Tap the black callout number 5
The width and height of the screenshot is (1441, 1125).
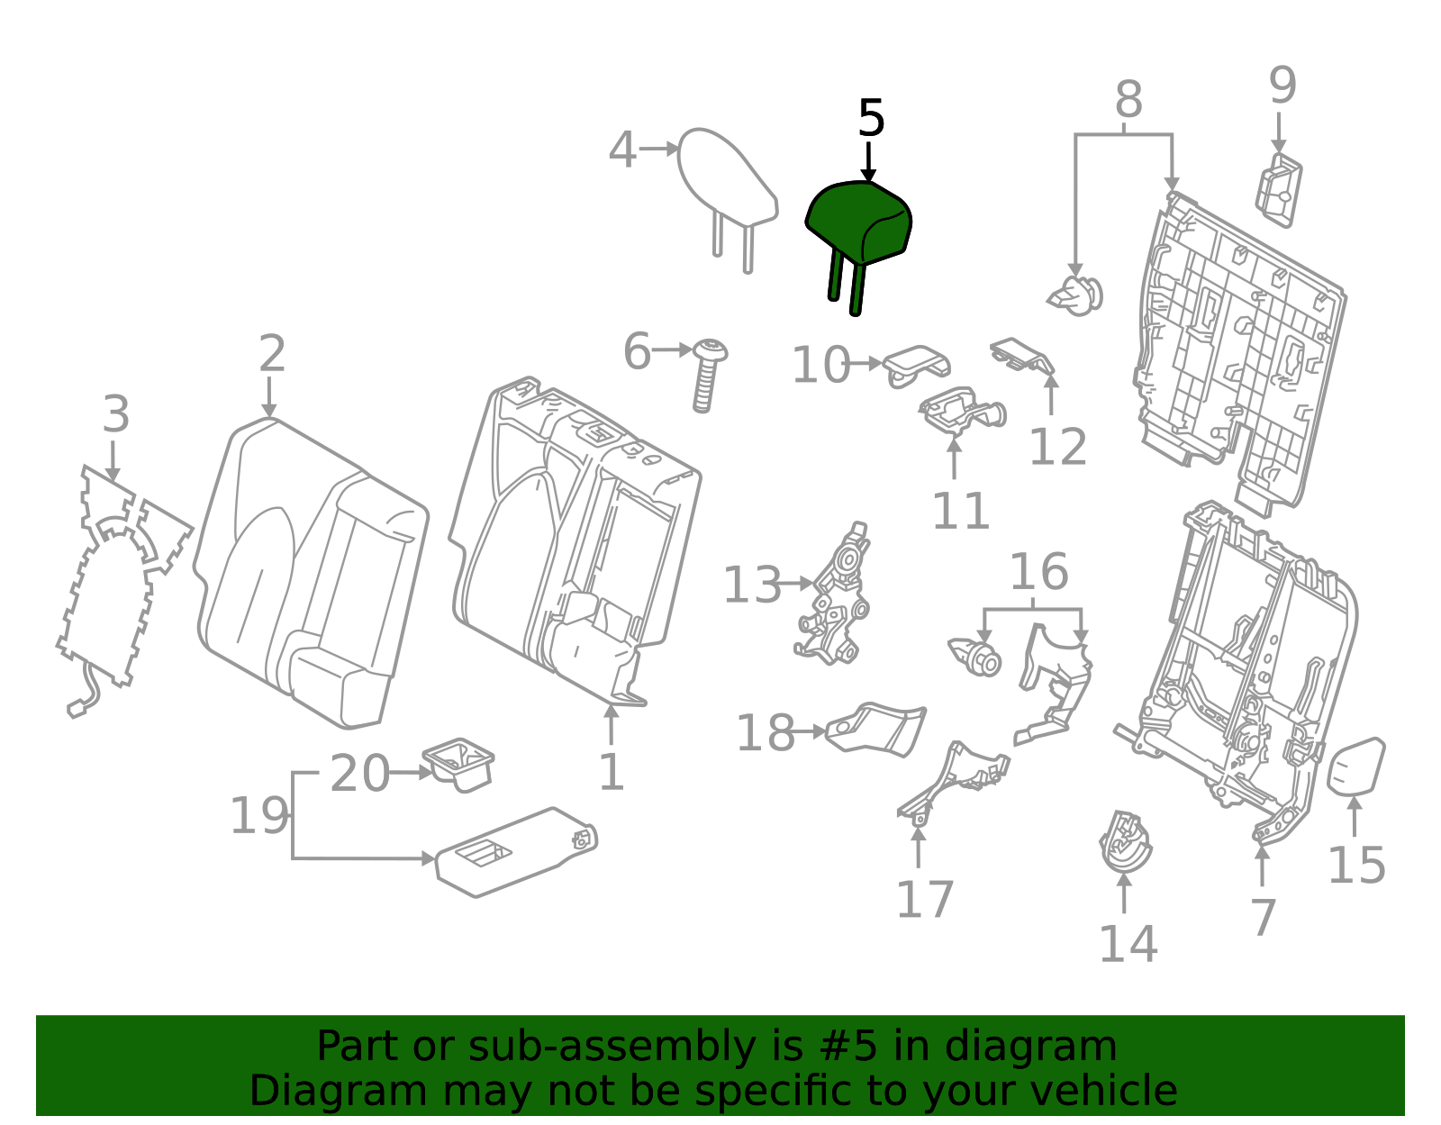click(871, 119)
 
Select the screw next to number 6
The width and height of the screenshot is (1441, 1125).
click(708, 376)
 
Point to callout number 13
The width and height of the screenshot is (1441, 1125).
click(752, 585)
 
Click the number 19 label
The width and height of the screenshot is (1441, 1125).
click(259, 815)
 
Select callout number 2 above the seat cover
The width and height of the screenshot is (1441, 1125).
click(272, 353)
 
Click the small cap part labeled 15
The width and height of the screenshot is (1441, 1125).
click(1355, 767)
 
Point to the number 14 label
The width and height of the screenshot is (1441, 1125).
click(1128, 943)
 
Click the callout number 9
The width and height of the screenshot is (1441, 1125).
click(1282, 85)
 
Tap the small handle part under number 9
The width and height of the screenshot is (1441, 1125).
click(1279, 190)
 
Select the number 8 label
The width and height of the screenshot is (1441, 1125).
click(1128, 99)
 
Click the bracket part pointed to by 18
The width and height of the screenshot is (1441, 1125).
click(876, 730)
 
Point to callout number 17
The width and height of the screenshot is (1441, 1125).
click(924, 900)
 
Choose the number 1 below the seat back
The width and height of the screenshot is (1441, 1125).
click(612, 772)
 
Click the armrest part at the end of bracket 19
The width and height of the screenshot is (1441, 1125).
click(516, 853)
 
